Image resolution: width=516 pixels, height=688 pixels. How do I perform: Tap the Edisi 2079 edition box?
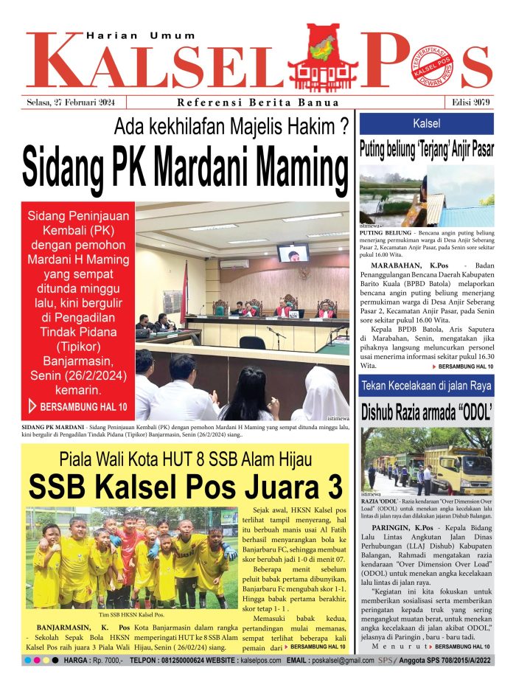click(470, 102)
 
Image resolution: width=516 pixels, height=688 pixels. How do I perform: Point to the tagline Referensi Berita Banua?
click(258, 102)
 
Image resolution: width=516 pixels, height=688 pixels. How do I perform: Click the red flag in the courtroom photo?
click(184, 292)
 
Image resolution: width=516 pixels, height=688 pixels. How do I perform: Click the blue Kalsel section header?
click(427, 123)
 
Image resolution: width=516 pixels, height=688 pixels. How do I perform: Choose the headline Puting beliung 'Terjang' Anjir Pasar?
click(427, 150)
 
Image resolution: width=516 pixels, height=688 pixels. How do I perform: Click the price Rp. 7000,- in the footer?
click(106, 660)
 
